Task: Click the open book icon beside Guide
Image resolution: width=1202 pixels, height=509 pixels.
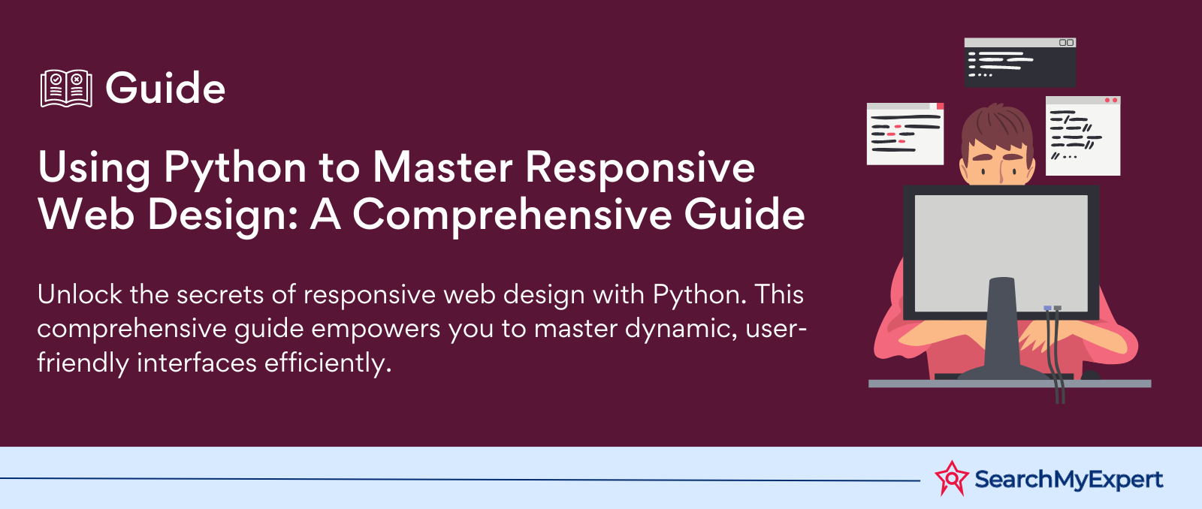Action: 66,88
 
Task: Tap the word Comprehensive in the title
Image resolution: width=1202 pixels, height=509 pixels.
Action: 512,215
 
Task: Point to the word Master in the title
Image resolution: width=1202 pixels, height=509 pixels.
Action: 442,168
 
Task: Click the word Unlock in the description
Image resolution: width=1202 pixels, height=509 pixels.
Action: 80,294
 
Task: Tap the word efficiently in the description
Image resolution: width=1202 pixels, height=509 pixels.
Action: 328,363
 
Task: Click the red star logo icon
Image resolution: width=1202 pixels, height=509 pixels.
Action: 951,478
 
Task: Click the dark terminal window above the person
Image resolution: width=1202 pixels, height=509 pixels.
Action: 1020,62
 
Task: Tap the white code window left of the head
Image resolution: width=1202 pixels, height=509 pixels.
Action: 905,134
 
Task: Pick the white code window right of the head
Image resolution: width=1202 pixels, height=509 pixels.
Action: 1083,136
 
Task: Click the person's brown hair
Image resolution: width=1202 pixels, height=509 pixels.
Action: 997,128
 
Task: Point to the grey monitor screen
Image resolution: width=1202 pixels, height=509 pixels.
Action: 1001,253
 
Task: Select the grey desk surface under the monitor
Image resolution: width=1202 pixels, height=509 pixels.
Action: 1010,384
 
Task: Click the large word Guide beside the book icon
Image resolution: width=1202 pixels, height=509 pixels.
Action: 165,88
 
